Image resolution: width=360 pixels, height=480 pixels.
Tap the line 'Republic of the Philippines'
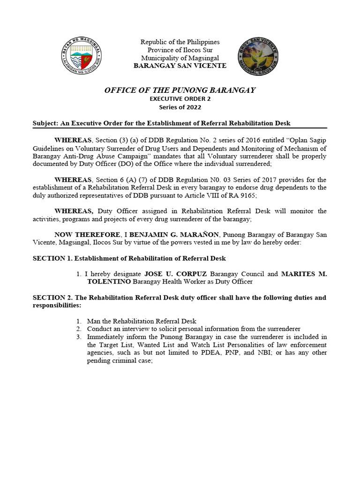[x=180, y=42]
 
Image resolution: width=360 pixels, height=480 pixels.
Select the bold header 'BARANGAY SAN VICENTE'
[x=180, y=66]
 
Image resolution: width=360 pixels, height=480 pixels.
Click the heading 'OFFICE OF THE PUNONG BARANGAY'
[x=180, y=90]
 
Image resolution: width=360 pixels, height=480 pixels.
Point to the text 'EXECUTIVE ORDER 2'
[x=180, y=98]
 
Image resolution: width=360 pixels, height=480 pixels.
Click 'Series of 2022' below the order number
[x=180, y=107]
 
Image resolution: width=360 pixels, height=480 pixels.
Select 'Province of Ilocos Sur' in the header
[x=180, y=50]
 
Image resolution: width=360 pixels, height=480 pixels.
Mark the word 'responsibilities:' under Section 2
[x=57, y=305]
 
